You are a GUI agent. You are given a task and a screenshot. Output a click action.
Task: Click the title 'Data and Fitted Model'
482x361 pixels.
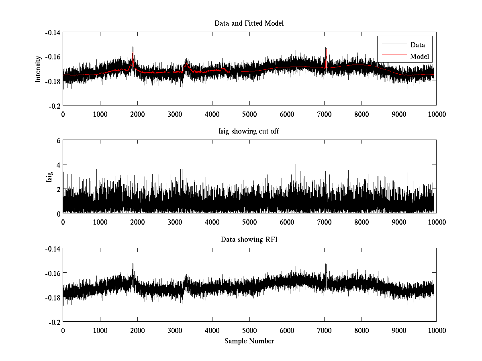pos(249,23)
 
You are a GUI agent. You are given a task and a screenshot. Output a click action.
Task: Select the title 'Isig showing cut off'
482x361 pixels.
pos(249,132)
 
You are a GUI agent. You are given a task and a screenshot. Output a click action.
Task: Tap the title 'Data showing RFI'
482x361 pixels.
pos(249,240)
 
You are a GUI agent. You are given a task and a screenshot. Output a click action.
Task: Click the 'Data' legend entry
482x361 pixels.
pos(417,45)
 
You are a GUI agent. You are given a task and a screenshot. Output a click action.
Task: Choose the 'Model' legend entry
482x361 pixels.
pos(419,57)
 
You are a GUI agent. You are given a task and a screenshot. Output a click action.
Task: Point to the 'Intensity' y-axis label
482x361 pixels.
pos(38,69)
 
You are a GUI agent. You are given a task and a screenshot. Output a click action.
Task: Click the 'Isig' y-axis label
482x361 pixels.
pos(49,177)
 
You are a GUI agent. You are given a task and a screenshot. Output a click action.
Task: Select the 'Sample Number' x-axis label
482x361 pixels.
pos(249,341)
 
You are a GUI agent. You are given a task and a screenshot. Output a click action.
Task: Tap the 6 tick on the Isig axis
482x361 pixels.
pos(58,141)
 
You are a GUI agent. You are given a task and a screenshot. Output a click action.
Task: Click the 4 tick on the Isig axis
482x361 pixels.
pos(58,165)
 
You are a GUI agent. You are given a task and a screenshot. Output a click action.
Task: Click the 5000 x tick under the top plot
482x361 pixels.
pos(249,114)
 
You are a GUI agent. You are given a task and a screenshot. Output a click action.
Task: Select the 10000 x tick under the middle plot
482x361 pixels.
pos(436,222)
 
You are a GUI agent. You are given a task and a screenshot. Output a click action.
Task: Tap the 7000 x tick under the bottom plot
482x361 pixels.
pos(324,331)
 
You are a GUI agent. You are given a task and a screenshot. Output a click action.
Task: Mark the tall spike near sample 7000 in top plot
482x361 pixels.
pos(326,44)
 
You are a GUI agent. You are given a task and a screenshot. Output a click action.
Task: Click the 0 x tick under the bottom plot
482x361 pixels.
pos(63,331)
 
